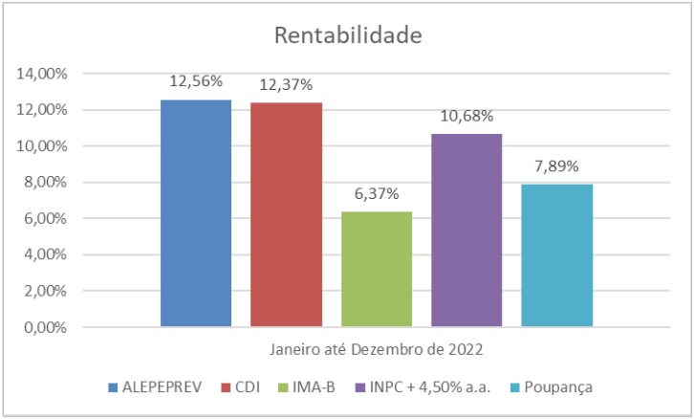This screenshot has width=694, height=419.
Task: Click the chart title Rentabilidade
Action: pos(348,35)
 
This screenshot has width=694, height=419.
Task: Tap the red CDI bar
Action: pos(286,215)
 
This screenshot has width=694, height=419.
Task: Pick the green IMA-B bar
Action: pos(376,269)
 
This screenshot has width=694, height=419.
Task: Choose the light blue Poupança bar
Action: pos(556,255)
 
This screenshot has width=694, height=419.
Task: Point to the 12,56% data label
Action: pos(196,82)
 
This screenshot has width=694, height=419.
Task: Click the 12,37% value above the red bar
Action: pos(286,86)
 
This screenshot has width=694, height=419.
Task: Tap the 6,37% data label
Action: pos(376,194)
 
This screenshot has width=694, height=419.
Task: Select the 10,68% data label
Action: pos(466,117)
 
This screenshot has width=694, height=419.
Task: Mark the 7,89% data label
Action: pos(556,167)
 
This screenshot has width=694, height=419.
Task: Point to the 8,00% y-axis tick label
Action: pos(43,183)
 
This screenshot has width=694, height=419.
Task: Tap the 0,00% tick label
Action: pos(43,327)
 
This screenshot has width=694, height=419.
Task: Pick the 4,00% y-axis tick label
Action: pos(43,255)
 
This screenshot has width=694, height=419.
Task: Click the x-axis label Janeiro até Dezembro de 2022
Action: pos(376,348)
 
